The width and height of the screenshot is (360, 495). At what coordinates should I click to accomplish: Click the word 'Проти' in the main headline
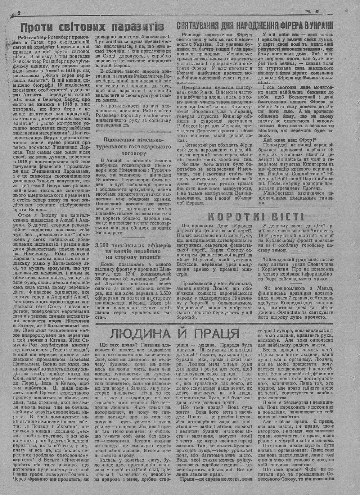[x=37, y=27]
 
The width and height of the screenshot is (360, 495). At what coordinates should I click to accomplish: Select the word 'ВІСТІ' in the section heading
[x=289, y=217]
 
